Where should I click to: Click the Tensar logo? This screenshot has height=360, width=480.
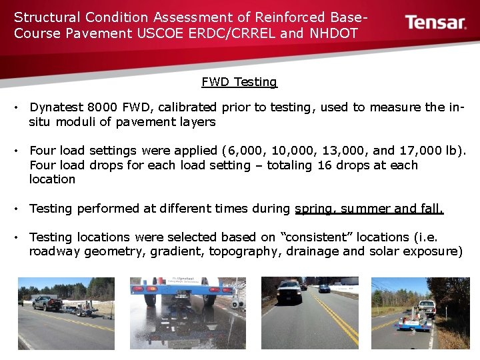pyautogui.click(x=435, y=23)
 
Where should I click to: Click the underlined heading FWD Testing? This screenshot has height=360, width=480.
pyautogui.click(x=239, y=82)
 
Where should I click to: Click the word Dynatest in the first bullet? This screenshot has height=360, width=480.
pyautogui.click(x=55, y=107)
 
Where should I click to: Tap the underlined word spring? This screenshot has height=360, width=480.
pyautogui.click(x=315, y=209)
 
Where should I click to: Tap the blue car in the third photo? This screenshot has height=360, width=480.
pyautogui.click(x=324, y=288)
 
